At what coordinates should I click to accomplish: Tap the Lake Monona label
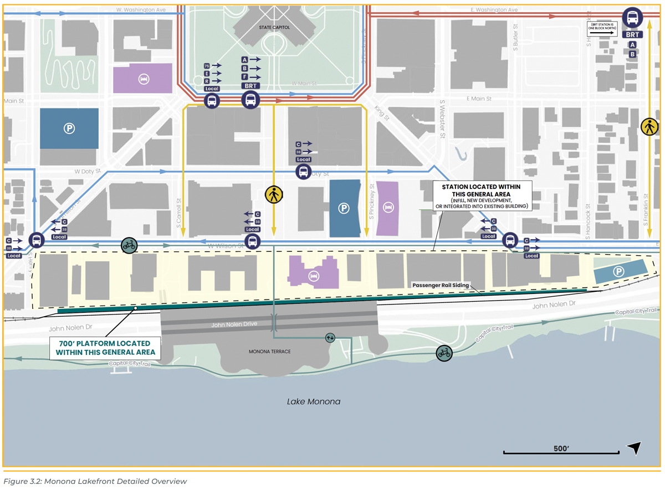click(x=313, y=401)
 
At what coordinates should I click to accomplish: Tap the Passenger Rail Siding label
click(x=441, y=286)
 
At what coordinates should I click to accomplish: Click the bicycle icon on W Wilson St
click(x=129, y=245)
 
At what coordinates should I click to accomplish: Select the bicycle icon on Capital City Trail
click(x=444, y=353)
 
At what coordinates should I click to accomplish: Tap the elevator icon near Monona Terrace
click(x=330, y=337)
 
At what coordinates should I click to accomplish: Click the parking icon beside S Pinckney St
click(x=344, y=208)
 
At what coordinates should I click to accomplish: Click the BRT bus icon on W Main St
click(x=251, y=100)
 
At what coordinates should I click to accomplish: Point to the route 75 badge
click(x=207, y=65)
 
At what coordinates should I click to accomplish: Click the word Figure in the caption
click(x=17, y=481)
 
